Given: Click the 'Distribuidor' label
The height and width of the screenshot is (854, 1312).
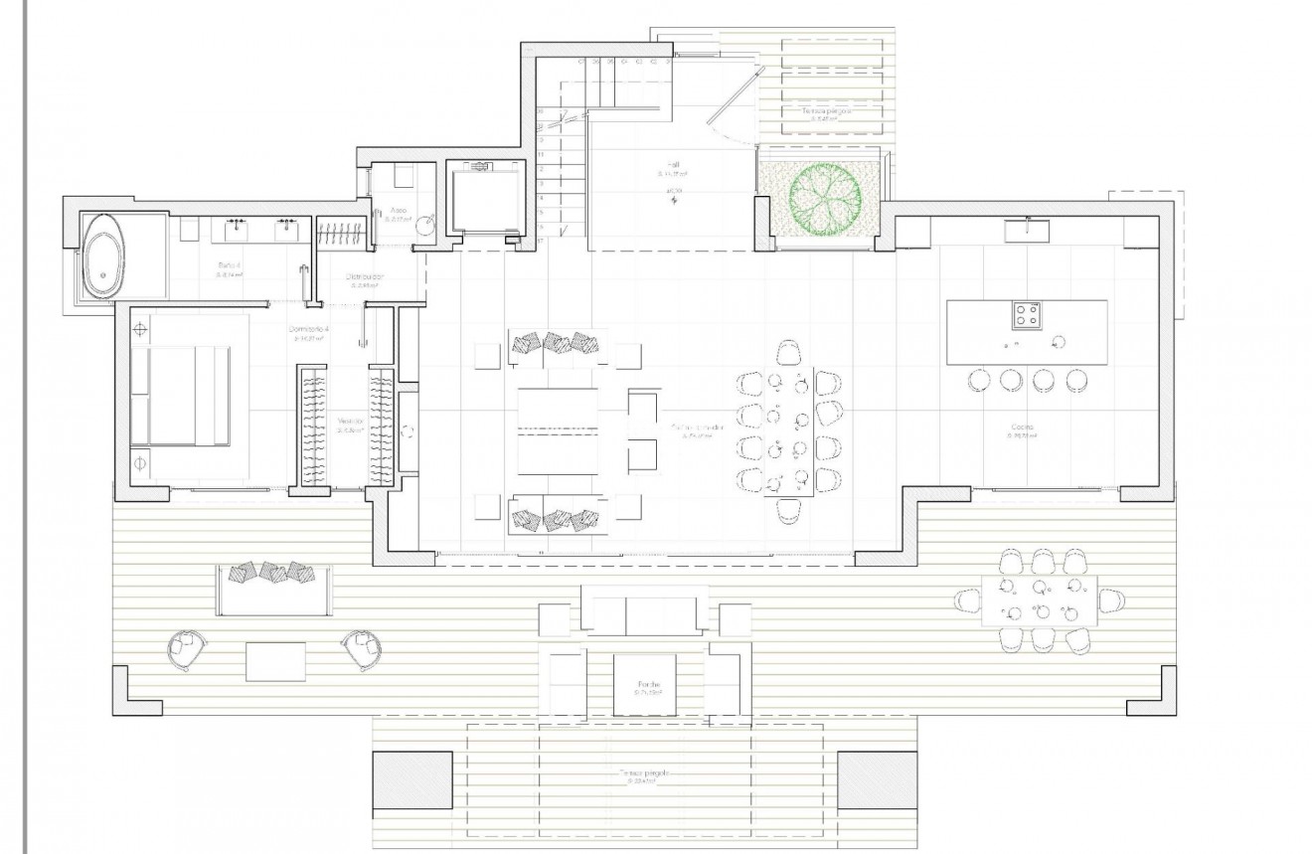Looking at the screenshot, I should click(365, 276).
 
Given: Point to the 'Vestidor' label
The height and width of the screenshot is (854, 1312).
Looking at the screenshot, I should click(350, 422).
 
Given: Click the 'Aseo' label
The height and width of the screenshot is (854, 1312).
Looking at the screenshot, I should click(398, 212).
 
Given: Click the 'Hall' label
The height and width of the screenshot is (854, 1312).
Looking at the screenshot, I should click(673, 165).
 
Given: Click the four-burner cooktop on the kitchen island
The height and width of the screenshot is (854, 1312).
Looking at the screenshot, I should click(1027, 316).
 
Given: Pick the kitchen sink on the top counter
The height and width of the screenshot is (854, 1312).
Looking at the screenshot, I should click(1027, 231).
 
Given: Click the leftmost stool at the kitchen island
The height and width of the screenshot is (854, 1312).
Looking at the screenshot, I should click(979, 380).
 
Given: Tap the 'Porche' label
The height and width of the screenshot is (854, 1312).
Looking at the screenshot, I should click(650, 686).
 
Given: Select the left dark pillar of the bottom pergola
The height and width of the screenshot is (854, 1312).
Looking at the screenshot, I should click(410, 780).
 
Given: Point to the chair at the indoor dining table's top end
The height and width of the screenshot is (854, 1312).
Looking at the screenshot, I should click(789, 352).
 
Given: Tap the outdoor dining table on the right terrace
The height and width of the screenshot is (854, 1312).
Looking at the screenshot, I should click(1039, 599).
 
